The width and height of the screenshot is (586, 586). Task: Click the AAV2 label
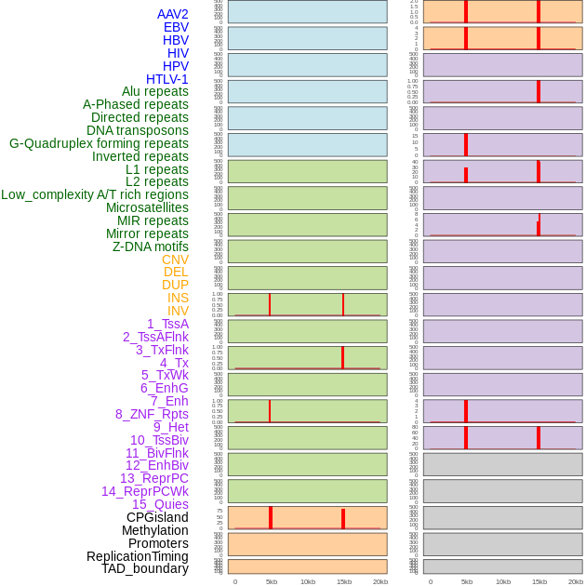tap(173, 14)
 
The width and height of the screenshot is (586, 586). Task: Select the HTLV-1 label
tap(167, 79)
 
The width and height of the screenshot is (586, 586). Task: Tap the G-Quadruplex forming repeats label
tap(99, 143)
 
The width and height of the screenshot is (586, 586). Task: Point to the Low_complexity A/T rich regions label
tap(95, 194)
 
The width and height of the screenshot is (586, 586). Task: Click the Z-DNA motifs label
tap(151, 246)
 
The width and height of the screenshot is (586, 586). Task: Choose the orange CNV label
tap(175, 260)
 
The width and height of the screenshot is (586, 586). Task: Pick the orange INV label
tap(178, 311)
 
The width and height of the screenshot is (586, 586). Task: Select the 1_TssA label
tap(167, 324)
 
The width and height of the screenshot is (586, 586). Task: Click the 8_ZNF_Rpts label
tap(152, 414)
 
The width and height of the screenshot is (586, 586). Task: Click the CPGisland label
tap(157, 517)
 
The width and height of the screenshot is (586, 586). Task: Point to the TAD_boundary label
tap(145, 568)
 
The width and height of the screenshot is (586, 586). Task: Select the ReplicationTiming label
tap(138, 556)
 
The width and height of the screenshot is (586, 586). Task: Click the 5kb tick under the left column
tap(272, 581)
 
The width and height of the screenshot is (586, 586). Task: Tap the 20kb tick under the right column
tap(576, 581)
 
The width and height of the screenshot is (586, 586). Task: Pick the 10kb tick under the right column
tap(503, 581)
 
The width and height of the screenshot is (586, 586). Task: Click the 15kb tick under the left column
tap(343, 581)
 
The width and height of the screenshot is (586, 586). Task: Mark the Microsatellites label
tap(147, 207)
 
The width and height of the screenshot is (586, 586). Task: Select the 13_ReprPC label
tap(154, 478)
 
